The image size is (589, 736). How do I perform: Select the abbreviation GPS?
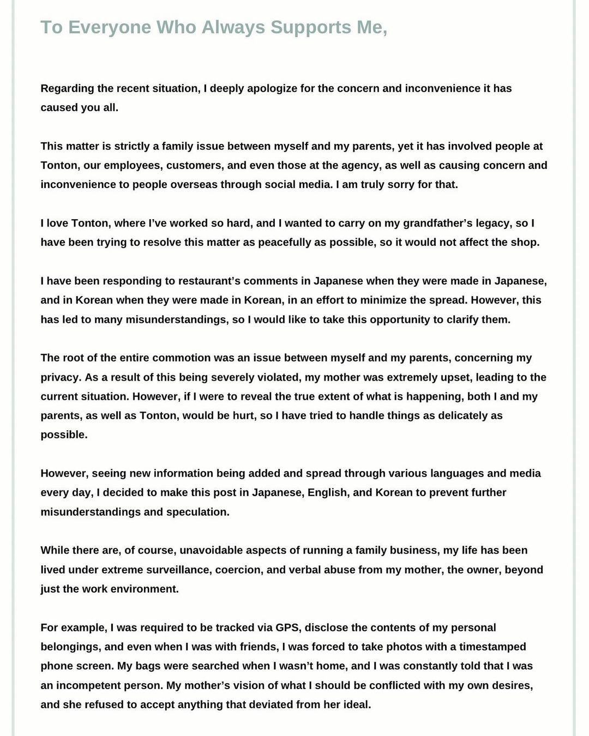(x=287, y=628)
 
